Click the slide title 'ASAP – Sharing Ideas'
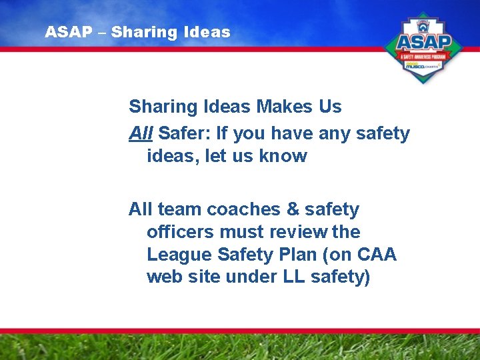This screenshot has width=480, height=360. (138, 32)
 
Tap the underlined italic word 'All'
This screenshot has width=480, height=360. (141, 133)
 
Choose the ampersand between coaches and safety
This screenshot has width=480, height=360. (292, 209)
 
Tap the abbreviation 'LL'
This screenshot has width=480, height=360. (285, 277)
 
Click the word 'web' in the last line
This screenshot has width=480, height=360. (163, 277)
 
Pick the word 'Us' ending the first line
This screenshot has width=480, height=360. (329, 107)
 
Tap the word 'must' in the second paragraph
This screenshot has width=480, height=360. (241, 232)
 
